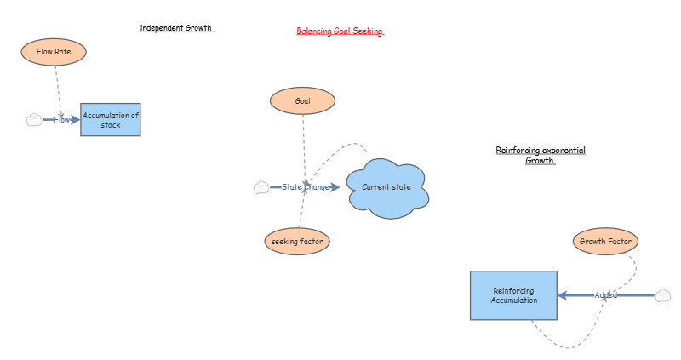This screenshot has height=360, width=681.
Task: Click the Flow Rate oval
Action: click(54, 52)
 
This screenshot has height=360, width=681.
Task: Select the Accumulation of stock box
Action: click(111, 120)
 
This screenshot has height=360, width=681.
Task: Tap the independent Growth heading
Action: click(176, 28)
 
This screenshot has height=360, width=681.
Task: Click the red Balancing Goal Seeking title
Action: click(340, 31)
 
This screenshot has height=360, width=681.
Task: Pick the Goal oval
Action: click(303, 100)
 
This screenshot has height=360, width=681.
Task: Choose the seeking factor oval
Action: click(297, 242)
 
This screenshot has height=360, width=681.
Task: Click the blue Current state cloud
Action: click(387, 187)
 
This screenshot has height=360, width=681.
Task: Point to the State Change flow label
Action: click(306, 187)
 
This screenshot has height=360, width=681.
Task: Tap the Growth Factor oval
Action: click(605, 242)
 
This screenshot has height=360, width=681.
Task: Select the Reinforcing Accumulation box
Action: click(514, 295)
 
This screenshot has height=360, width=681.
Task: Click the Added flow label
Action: click(606, 295)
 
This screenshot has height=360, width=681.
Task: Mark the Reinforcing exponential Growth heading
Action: click(541, 155)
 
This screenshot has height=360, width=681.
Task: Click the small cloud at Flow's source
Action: click(34, 120)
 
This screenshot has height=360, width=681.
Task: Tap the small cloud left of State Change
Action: click(261, 187)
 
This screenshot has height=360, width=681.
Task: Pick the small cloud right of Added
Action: click(663, 295)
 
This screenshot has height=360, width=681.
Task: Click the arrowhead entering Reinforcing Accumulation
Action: click(563, 295)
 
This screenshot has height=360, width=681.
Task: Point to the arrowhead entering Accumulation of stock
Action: click(76, 120)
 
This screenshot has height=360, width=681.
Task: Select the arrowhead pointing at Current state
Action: click(335, 187)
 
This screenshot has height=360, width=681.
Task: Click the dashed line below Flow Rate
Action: click(58, 91)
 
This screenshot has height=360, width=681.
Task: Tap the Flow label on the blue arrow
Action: click(61, 120)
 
